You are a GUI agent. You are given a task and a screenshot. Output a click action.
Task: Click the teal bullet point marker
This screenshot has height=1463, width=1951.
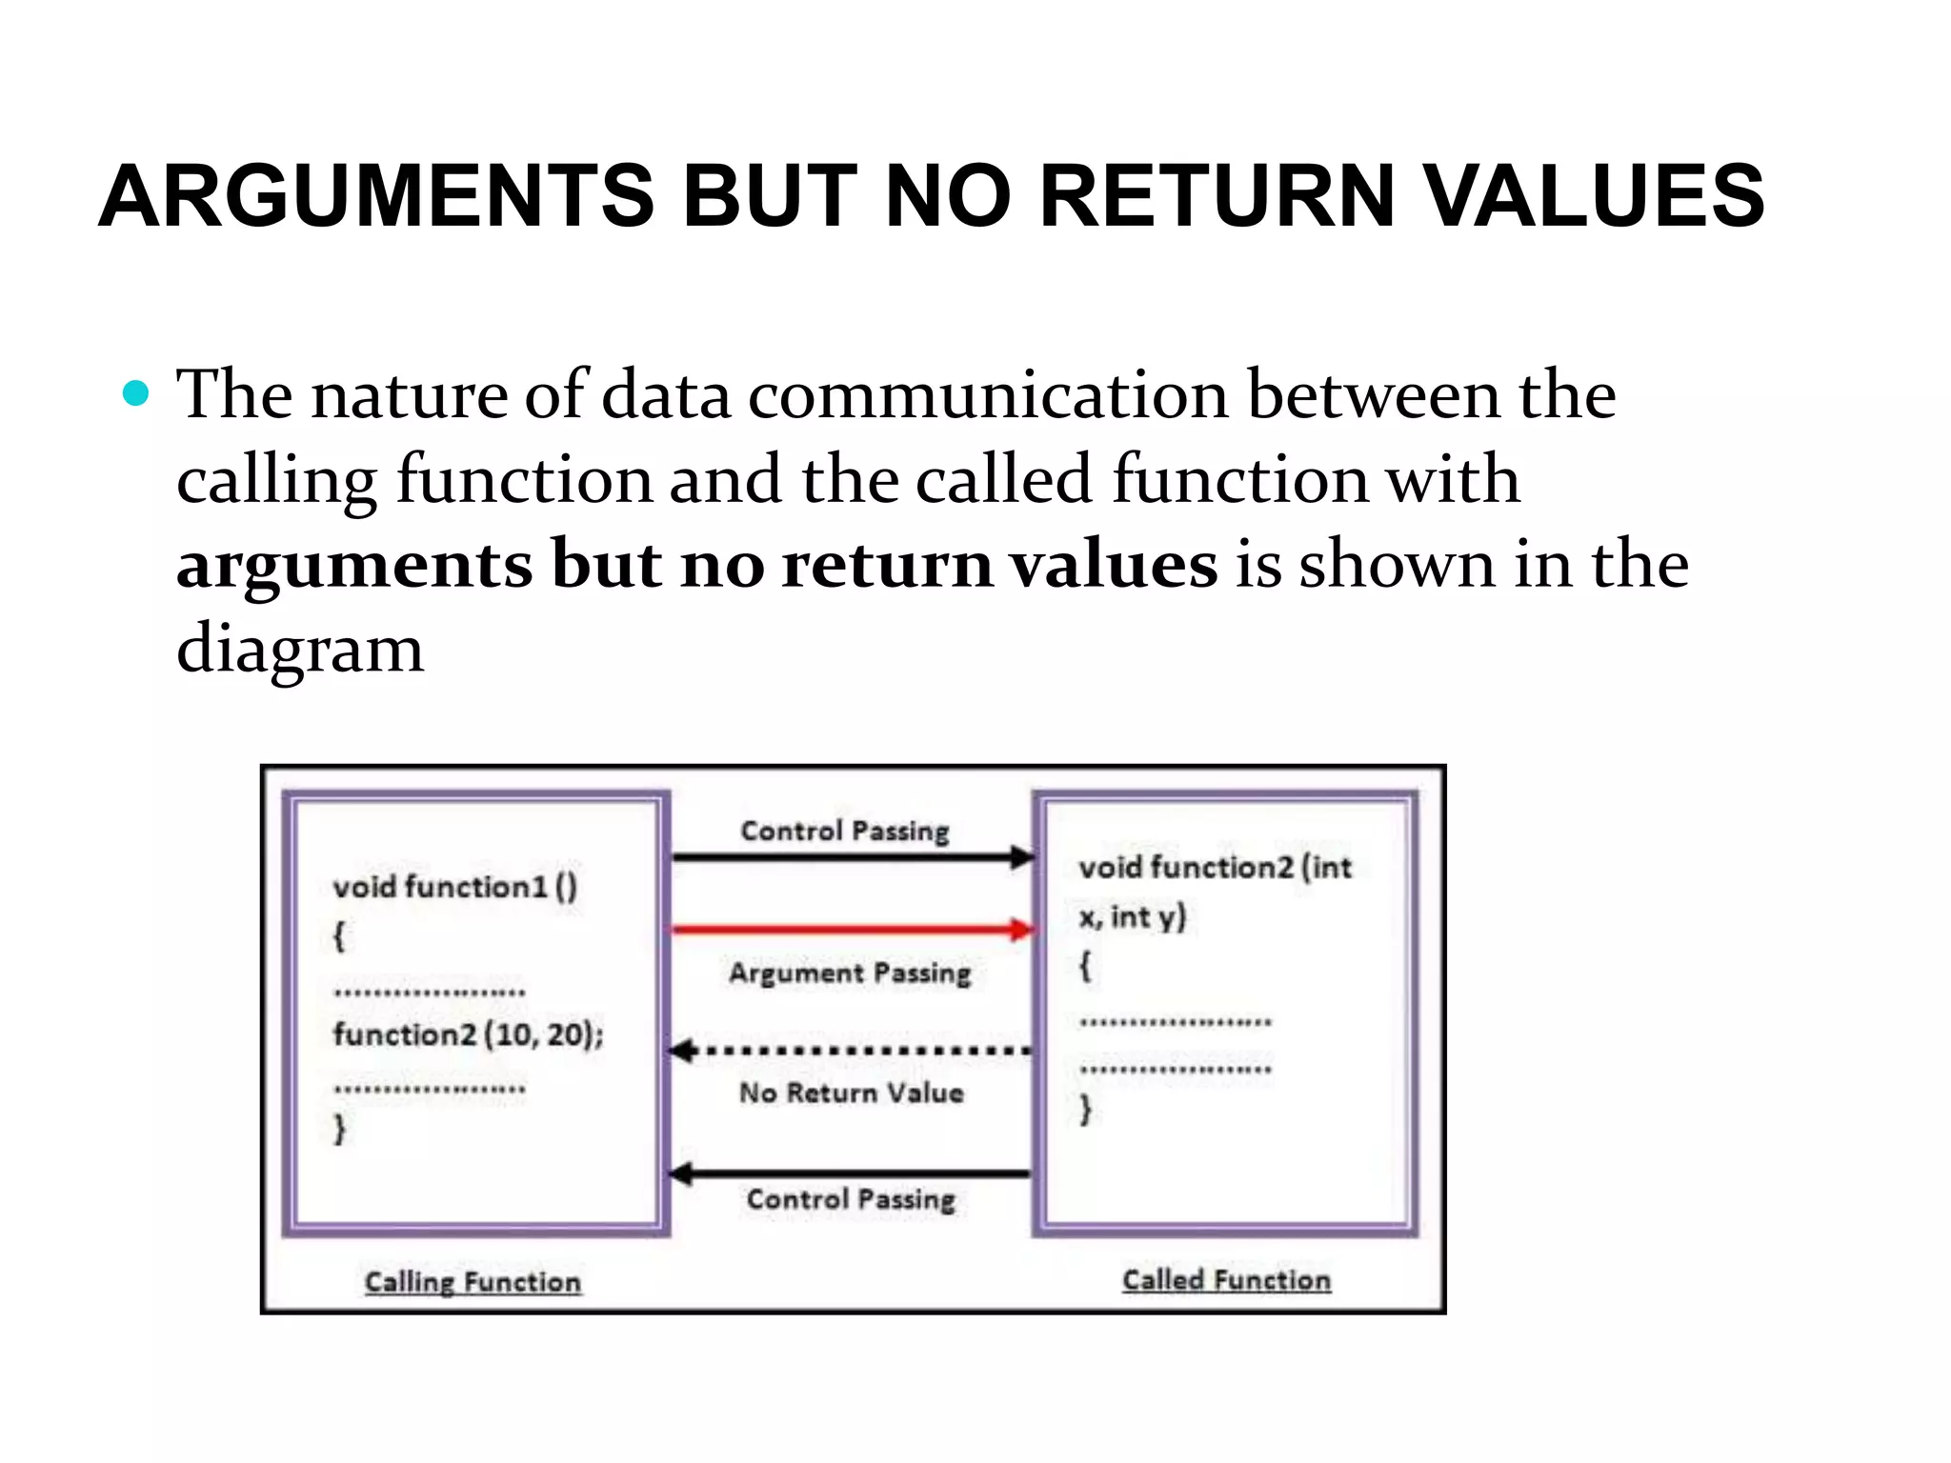coord(136,393)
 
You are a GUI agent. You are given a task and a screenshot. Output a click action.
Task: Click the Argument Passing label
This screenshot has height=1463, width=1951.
coord(850,973)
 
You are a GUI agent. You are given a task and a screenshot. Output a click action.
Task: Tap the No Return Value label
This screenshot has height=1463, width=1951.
coord(852,1092)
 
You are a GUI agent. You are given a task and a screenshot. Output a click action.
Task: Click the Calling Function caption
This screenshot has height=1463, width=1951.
coord(473,1282)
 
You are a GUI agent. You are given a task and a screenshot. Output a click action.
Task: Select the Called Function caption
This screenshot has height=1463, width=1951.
coord(1226,1280)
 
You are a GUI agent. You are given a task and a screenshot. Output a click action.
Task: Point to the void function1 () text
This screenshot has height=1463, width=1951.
coord(454,887)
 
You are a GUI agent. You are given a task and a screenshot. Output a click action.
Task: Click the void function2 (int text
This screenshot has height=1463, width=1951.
coord(1215,868)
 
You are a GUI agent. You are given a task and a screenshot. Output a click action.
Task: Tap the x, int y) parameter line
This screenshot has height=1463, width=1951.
coord(1132,917)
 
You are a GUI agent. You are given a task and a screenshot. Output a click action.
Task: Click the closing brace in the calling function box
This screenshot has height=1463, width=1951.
coord(339,1130)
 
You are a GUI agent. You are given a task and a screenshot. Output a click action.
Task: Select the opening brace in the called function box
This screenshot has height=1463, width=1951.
coord(1084,968)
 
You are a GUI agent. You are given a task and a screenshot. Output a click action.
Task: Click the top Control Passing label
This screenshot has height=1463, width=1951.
coord(845,831)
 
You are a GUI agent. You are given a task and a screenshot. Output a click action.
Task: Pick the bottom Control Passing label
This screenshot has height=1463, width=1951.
coord(850,1199)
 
